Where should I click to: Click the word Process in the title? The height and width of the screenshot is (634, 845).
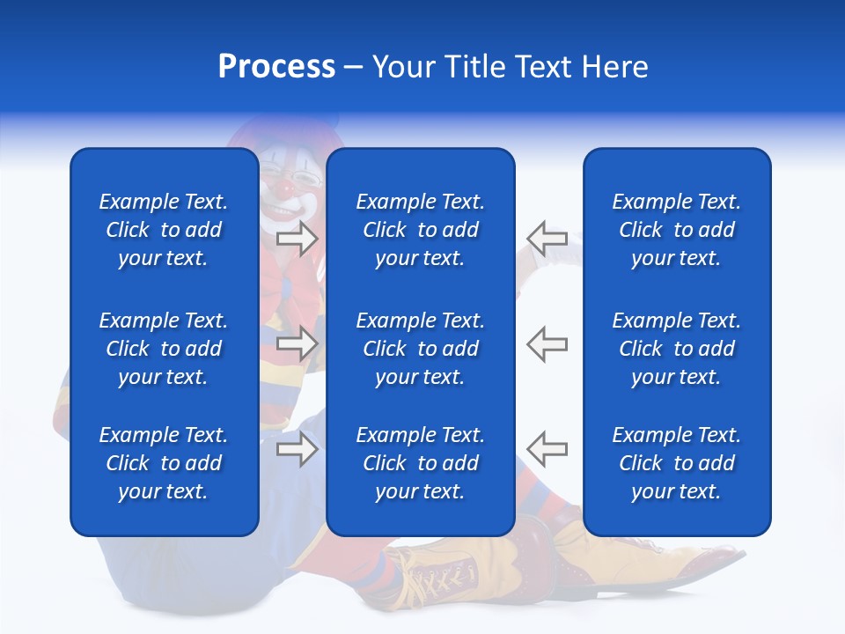276,67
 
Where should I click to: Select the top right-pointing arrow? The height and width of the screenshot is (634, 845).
298,239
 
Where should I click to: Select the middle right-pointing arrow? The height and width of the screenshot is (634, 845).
298,343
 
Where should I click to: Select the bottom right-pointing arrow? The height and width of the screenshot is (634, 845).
298,449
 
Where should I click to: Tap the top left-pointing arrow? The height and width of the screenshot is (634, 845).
547,238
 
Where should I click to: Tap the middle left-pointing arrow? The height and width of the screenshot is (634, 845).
547,343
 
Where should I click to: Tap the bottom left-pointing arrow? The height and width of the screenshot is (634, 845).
547,449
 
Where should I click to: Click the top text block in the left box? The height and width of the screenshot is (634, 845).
164,230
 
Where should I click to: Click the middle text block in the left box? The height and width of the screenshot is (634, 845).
164,349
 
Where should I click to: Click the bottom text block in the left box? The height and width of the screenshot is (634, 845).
164,463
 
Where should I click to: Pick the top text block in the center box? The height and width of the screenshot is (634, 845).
420,230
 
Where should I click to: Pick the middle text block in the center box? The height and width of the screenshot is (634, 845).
420,349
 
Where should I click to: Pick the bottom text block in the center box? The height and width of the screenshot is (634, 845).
420,463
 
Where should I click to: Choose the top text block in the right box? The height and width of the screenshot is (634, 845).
676,230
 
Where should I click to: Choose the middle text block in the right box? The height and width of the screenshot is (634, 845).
676,349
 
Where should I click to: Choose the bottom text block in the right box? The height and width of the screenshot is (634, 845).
676,463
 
